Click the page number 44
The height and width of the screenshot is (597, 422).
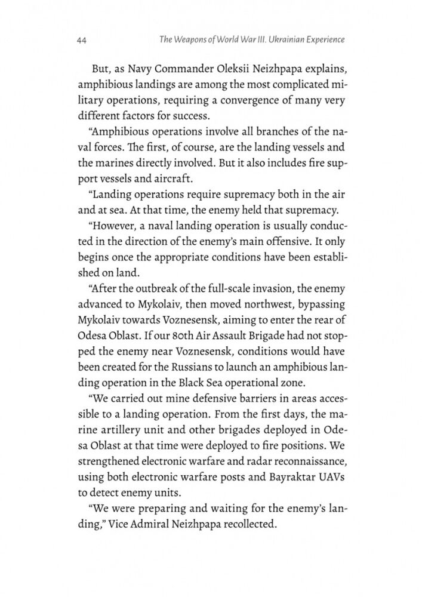tap(83, 41)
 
